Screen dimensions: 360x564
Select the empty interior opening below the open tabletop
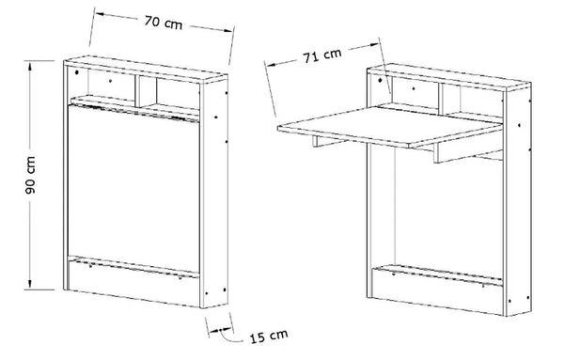[x=432, y=211]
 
